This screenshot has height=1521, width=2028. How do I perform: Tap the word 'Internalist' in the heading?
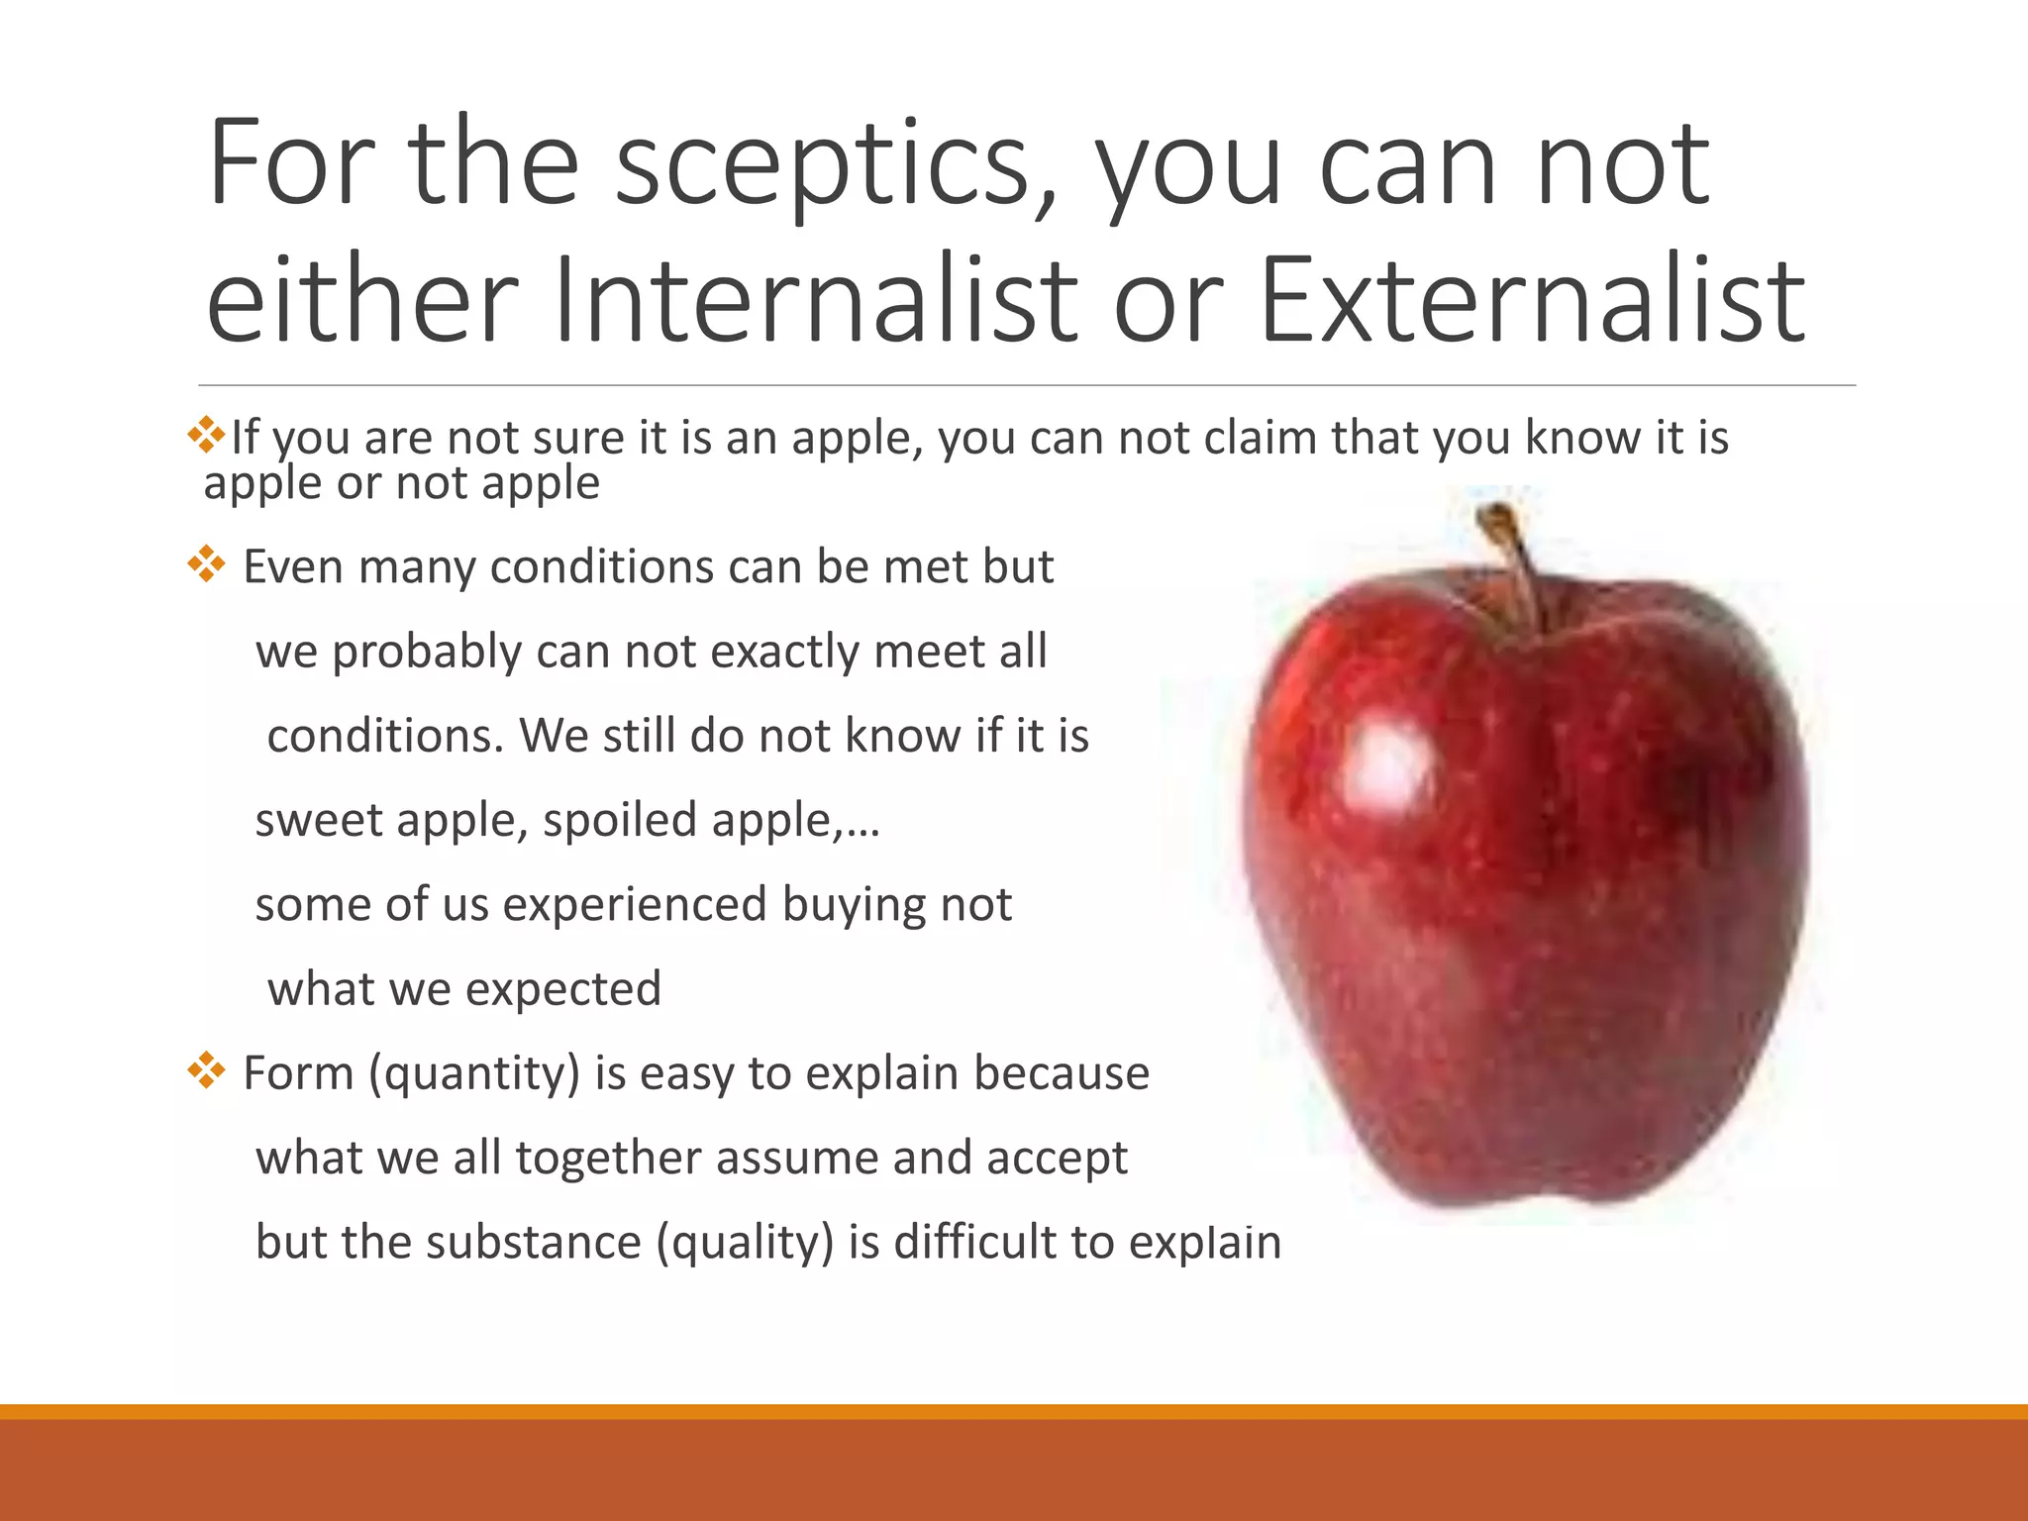[815, 300]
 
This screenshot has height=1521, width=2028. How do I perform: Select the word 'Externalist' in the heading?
[1532, 300]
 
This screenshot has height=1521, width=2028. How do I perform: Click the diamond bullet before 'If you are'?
[206, 435]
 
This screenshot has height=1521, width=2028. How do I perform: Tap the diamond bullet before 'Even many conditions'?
[206, 563]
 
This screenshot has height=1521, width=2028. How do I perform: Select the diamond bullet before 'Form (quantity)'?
[206, 1069]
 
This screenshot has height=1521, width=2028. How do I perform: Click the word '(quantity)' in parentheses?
[473, 1073]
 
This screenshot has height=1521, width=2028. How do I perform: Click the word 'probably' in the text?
[427, 653]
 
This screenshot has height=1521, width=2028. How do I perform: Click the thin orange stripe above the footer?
[1014, 1411]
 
